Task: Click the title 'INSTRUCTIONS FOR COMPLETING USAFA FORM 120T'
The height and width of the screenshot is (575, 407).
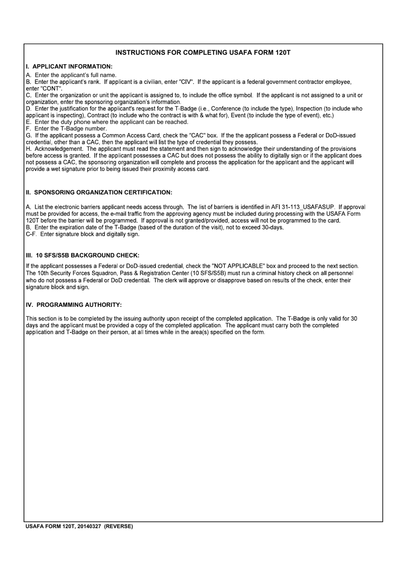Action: coord(203,53)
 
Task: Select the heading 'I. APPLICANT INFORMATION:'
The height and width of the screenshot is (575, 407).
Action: coord(69,66)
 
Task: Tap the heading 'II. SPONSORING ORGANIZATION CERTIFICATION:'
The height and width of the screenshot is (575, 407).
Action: coord(99,192)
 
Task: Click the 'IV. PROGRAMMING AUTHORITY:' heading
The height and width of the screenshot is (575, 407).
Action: coord(74,305)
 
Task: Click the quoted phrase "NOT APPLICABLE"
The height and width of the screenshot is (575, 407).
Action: coord(238,266)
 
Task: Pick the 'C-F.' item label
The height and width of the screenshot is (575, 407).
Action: coord(31,234)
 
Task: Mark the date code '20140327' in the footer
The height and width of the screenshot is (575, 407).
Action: coord(89,527)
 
